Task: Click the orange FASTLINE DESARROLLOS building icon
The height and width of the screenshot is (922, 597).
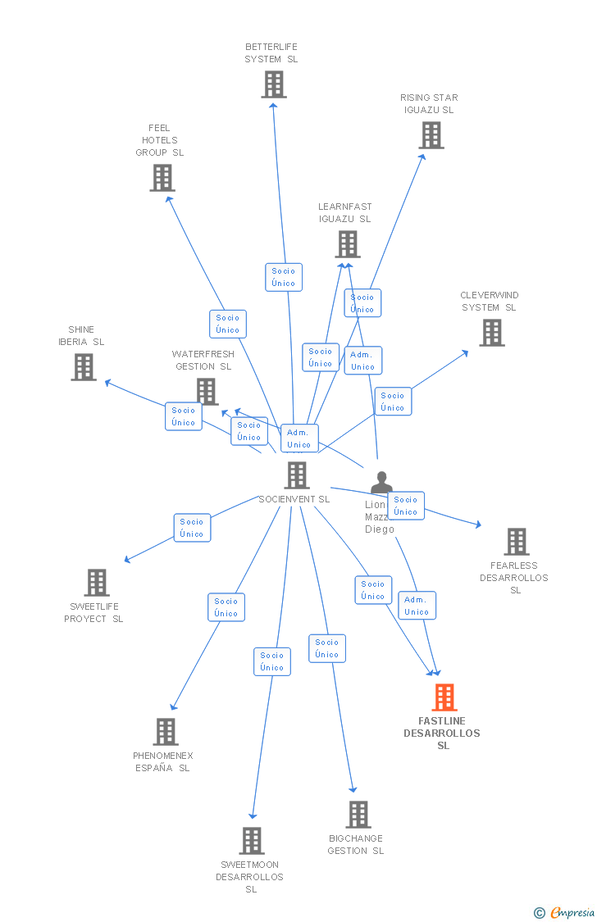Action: [444, 697]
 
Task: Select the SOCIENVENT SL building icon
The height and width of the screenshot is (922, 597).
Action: [297, 475]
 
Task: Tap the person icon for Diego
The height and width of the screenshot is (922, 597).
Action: [381, 483]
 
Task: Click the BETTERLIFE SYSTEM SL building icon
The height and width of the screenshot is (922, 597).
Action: [274, 84]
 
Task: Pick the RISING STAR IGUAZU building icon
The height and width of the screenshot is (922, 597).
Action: [431, 135]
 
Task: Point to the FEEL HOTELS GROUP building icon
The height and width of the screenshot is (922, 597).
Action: [162, 178]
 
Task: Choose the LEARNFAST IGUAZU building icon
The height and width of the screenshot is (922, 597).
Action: [348, 244]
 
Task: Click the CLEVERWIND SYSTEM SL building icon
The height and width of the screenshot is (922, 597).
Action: [491, 333]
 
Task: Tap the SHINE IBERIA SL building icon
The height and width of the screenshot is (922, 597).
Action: [84, 367]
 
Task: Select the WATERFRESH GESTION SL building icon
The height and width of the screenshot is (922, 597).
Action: [207, 391]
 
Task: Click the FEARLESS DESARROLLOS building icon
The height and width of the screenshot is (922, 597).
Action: [517, 542]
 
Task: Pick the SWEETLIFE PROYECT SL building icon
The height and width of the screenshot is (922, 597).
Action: [97, 583]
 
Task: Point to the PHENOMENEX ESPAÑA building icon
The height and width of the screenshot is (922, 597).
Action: [166, 732]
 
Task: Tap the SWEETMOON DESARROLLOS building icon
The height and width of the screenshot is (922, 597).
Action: [252, 841]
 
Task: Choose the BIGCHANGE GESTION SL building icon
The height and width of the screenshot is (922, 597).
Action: [358, 815]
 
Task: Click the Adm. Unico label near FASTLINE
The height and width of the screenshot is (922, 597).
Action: [417, 606]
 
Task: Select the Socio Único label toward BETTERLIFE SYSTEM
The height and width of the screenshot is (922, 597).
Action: [284, 277]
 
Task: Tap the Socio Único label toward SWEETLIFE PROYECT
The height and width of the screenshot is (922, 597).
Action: [192, 528]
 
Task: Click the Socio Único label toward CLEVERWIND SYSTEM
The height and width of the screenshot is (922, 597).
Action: [393, 402]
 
